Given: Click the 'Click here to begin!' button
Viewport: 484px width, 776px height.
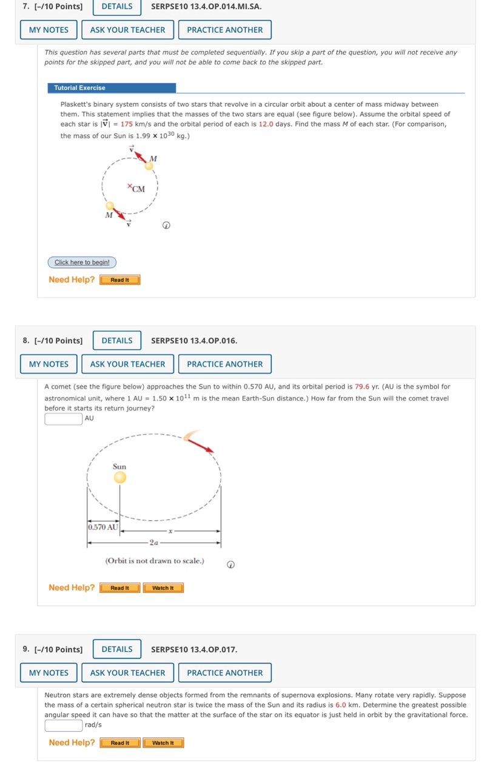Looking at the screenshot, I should [x=82, y=263].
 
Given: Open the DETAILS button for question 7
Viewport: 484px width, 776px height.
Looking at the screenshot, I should [x=116, y=7].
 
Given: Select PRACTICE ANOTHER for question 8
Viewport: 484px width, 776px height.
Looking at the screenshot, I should [x=224, y=364].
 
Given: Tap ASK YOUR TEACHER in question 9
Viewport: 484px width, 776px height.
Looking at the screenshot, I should [x=127, y=673].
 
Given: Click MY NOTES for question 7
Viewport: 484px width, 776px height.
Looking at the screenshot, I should [x=49, y=30].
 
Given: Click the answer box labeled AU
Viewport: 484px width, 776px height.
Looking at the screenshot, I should [x=63, y=419].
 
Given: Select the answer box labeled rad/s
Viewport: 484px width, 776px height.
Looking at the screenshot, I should [x=63, y=725].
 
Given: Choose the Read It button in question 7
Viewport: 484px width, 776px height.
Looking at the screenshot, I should [x=119, y=280].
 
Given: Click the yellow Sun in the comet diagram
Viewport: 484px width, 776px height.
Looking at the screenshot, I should [x=120, y=478].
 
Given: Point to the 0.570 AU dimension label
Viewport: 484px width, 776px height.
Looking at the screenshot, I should [x=103, y=527].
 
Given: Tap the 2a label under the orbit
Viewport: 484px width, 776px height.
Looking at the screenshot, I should [x=155, y=543].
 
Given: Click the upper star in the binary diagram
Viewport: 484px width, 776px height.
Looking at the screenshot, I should [x=149, y=166].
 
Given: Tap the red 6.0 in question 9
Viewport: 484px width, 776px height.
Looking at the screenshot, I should [x=340, y=705].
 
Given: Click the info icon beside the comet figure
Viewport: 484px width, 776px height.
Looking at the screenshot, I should [x=230, y=564].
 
